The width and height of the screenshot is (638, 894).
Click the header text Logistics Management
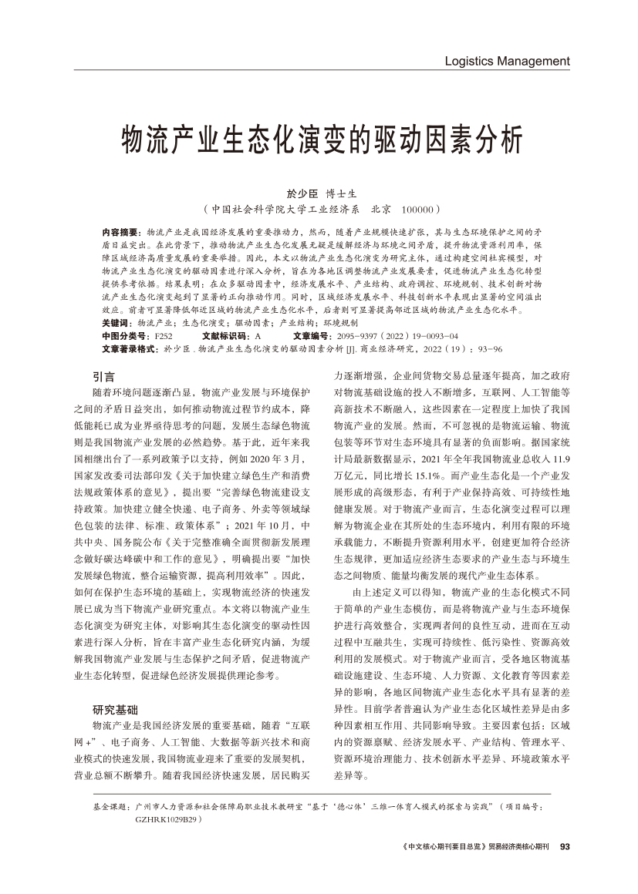507,61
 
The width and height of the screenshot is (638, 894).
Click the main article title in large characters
319,139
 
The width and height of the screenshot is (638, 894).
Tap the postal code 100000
417,209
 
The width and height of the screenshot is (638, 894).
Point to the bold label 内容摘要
120,232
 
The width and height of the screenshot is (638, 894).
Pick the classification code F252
163,337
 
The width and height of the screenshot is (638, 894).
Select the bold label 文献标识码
223,337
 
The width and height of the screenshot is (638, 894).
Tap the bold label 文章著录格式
127,349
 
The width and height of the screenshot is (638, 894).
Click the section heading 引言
103,376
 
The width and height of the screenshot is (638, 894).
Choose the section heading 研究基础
115,709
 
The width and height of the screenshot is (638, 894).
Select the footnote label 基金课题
110,805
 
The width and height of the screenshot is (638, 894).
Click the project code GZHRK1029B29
166,818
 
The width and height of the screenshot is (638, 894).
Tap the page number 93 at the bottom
564,846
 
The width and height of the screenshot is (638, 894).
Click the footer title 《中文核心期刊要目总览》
445,846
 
